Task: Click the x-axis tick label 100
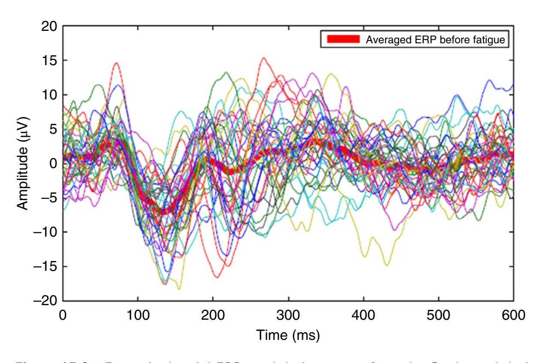138,315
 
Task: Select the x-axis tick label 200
213,315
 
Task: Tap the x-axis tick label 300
288,315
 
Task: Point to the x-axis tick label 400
364,315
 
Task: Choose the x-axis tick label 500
439,315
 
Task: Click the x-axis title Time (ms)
288,335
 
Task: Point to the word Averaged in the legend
382,40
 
